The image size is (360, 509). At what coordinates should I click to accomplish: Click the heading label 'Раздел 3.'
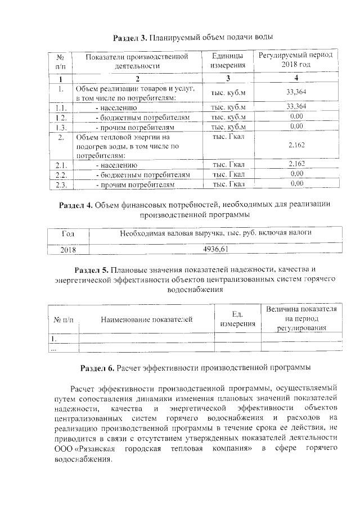[x=130, y=38]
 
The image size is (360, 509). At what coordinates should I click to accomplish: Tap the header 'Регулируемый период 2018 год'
[x=296, y=61]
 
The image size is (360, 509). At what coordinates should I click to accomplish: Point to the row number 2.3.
[x=62, y=184]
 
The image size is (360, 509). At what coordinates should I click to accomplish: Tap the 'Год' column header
[x=67, y=233]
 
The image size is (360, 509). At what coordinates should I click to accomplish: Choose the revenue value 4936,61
[x=215, y=249]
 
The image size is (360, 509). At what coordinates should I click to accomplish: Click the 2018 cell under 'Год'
[x=67, y=249]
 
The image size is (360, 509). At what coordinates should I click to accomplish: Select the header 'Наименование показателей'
[x=147, y=319]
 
